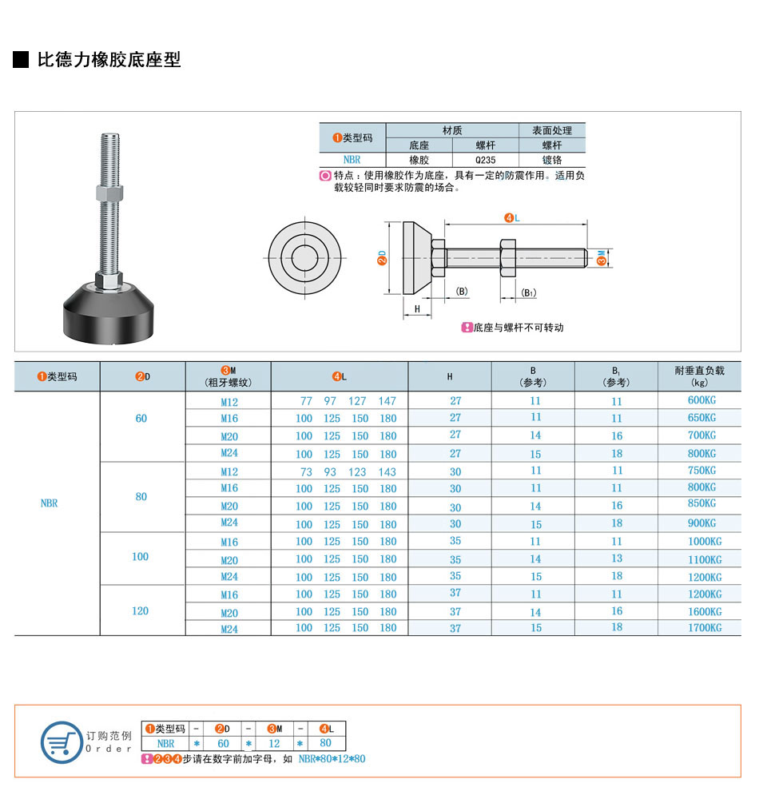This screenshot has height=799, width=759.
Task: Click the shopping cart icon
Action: click(62, 742)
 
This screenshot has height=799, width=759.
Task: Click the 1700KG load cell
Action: click(705, 628)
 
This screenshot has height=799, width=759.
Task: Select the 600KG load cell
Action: click(701, 400)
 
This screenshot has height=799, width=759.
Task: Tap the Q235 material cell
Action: click(485, 160)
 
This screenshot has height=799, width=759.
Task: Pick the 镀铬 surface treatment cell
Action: click(552, 160)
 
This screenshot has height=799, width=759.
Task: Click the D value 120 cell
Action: click(140, 610)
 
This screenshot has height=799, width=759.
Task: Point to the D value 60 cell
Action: click(141, 419)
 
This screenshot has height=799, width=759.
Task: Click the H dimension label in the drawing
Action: click(417, 308)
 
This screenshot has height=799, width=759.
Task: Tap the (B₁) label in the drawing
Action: click(528, 292)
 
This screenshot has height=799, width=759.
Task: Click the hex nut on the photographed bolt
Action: click(109, 193)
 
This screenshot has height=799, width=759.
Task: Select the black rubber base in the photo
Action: click(109, 312)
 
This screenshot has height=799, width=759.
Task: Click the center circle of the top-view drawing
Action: click(304, 258)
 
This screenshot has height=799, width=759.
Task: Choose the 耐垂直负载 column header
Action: click(699, 376)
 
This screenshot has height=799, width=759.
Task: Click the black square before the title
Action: click(21, 60)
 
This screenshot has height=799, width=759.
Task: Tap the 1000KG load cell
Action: click(705, 541)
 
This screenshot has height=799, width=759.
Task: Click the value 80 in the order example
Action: click(325, 743)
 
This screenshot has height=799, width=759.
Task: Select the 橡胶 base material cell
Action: click(419, 160)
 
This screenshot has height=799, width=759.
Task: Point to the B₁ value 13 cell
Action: click(616, 559)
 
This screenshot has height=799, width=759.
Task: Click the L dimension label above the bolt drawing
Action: click(512, 218)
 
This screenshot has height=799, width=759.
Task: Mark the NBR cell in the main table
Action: click(49, 503)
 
